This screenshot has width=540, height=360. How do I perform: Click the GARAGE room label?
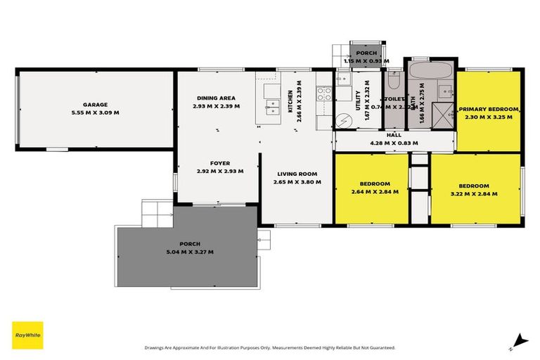pos(94,104)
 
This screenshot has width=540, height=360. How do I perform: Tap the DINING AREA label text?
pos(216,98)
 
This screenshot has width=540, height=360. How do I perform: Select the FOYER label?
pos(219,163)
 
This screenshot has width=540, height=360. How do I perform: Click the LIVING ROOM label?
pos(297,174)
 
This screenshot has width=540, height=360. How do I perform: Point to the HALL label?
pos(394,135)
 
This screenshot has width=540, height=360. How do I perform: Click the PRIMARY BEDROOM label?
pos(489,109)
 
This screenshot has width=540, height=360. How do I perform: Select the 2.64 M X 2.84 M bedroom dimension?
pos(374,191)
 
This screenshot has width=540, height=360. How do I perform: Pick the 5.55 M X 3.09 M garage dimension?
pos(94,112)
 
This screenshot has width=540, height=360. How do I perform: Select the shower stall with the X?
pos(442,112)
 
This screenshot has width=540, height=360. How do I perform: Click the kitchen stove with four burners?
pos(323,93)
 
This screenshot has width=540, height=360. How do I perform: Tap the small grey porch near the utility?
pos(366,53)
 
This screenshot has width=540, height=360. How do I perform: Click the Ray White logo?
pos(27,336)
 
